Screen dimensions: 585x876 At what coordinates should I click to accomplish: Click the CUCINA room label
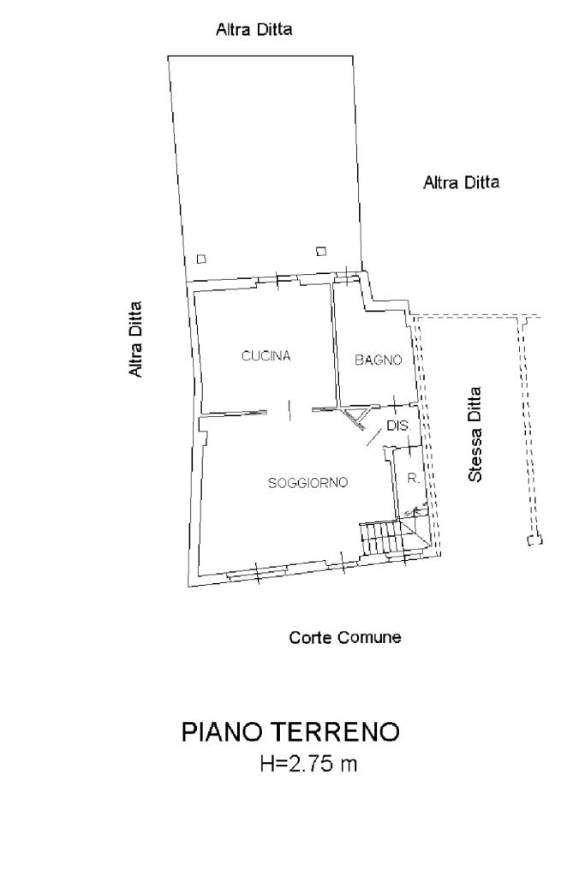(x=266, y=356)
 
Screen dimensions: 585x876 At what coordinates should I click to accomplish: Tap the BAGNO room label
(x=379, y=361)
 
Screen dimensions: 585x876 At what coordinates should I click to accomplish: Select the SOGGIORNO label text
(x=308, y=483)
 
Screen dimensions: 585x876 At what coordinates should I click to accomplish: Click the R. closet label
(x=413, y=479)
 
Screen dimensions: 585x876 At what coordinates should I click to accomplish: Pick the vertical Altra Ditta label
(x=135, y=339)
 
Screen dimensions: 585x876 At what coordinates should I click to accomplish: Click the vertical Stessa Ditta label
(x=476, y=434)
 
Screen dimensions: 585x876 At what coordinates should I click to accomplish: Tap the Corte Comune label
(x=345, y=638)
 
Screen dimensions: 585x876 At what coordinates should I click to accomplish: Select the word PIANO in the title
(x=223, y=733)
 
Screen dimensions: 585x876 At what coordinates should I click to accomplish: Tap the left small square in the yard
(x=201, y=259)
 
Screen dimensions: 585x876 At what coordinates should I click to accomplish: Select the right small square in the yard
(x=321, y=251)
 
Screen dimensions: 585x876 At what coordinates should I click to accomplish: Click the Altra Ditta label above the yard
(x=254, y=30)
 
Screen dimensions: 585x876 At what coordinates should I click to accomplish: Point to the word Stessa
(x=476, y=454)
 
